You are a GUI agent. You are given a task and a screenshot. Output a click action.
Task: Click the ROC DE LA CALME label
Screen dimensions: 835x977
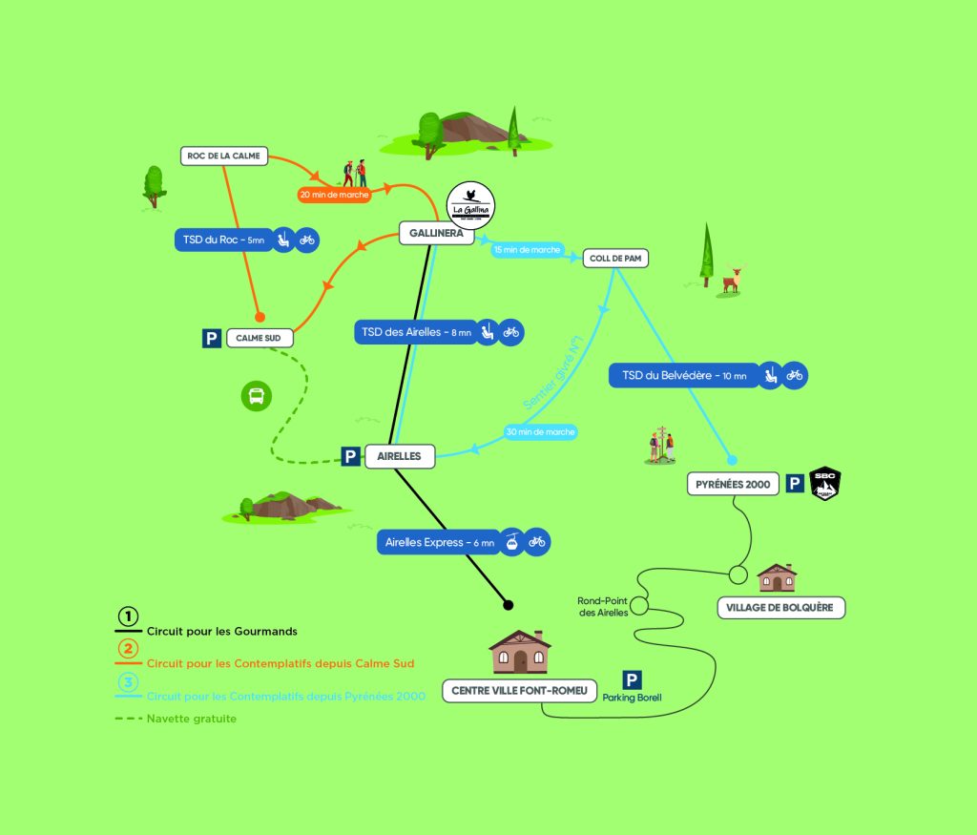pyautogui.click(x=224, y=156)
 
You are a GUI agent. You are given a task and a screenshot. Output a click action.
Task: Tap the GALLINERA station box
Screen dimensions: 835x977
pyautogui.click(x=436, y=233)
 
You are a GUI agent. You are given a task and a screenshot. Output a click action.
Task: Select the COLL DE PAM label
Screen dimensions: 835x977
pyautogui.click(x=615, y=258)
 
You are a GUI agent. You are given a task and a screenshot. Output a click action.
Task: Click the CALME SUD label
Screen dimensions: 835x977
pyautogui.click(x=260, y=338)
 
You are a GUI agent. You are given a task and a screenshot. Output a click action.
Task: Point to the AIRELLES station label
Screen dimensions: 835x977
pyautogui.click(x=400, y=457)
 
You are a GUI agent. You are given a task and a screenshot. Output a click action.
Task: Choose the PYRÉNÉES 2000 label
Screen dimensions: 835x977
pyautogui.click(x=733, y=485)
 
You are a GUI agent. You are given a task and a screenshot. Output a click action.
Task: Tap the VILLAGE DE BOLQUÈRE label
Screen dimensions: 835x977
pyautogui.click(x=780, y=608)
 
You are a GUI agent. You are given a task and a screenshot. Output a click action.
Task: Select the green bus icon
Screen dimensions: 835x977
pyautogui.click(x=256, y=396)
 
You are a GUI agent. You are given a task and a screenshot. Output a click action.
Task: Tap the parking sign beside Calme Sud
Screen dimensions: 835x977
pyautogui.click(x=212, y=338)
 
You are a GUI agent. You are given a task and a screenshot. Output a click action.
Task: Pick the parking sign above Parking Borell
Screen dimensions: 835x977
pyautogui.click(x=632, y=679)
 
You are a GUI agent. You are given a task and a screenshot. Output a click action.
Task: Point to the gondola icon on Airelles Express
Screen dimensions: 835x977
pyautogui.click(x=513, y=542)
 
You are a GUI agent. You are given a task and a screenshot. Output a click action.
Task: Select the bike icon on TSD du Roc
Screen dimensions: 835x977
pyautogui.click(x=306, y=240)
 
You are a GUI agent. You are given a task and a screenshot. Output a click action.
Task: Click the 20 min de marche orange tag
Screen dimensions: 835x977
pyautogui.click(x=334, y=194)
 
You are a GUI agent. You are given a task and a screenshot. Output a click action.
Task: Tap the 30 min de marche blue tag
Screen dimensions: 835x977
pyautogui.click(x=541, y=432)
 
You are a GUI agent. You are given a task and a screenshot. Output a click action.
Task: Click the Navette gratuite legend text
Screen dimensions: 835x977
pyautogui.click(x=192, y=719)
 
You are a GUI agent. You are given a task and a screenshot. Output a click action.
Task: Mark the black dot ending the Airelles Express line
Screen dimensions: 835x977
pyautogui.click(x=508, y=604)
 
